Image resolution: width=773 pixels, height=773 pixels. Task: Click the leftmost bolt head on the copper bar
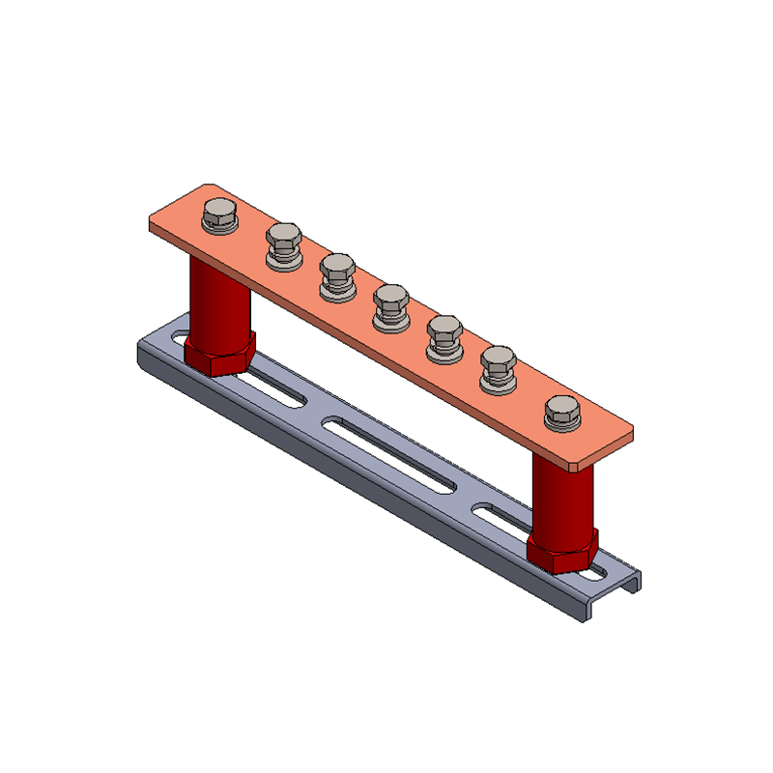(220, 212)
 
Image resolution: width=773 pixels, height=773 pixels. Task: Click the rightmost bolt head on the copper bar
(562, 407)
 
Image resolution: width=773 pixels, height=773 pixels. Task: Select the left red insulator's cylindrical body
(218, 295)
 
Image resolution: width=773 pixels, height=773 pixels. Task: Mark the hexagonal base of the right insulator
(562, 553)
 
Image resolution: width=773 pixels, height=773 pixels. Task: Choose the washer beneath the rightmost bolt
(562, 423)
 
